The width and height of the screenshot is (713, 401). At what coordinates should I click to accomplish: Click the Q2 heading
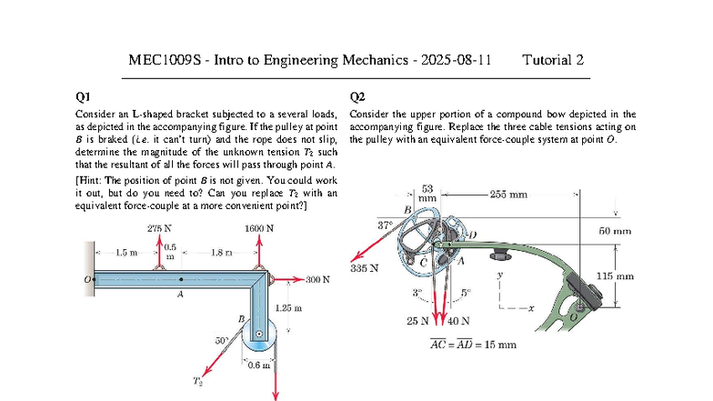tap(357, 95)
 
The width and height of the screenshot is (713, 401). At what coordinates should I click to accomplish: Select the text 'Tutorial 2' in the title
tap(553, 61)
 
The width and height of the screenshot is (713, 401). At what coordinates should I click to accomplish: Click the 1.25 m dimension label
tap(288, 309)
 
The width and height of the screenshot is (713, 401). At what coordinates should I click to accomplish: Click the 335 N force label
tap(364, 267)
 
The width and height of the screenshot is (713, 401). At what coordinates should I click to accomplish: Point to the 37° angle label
tap(385, 225)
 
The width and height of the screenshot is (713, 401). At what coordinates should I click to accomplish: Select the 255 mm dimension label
tap(507, 194)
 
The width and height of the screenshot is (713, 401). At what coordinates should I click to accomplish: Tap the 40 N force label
tap(459, 320)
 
